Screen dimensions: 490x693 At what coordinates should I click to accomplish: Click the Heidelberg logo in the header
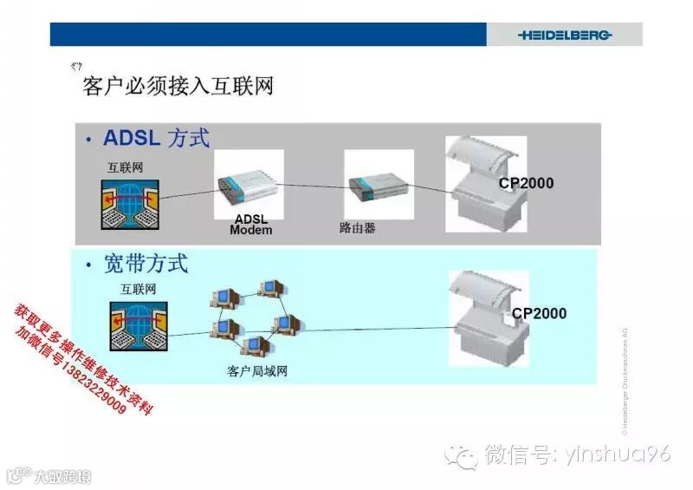pos(565,35)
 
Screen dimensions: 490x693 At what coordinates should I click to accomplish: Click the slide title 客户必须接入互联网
pos(178,87)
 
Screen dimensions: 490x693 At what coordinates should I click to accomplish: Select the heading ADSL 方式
pos(156,138)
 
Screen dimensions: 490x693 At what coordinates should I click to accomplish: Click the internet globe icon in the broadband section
pos(138,326)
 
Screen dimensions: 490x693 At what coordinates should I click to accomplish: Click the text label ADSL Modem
pos(251,225)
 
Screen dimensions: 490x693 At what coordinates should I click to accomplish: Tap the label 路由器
pos(357,229)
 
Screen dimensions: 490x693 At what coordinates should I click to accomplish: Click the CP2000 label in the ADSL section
pos(526,184)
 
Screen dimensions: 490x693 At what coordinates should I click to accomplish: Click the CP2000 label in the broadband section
pos(539,313)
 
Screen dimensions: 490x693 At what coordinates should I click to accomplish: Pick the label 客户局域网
pos(257,371)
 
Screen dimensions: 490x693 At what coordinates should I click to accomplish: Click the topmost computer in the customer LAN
pos(270,289)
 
